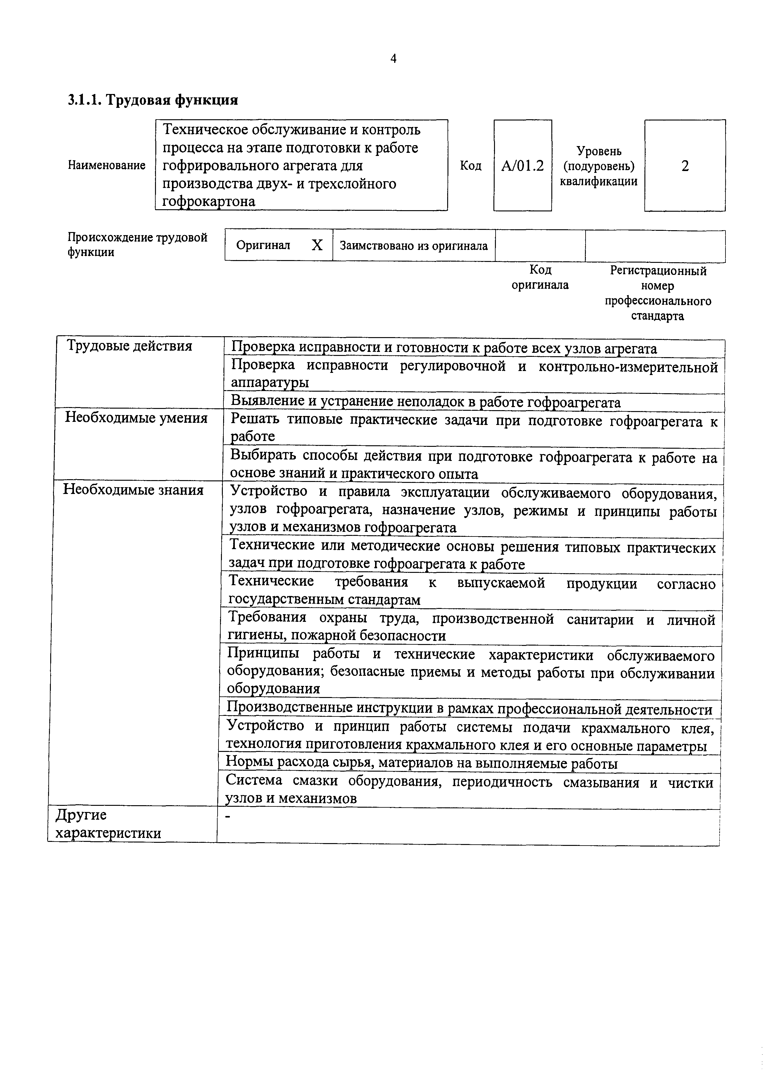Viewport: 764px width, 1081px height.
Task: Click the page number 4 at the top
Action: coord(394,59)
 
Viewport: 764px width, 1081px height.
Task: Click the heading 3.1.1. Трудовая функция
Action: coord(153,100)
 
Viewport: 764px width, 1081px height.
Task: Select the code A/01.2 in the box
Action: coord(522,166)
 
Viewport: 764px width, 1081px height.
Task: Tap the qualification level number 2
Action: coord(685,166)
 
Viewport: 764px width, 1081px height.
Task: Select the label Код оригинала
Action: coord(540,277)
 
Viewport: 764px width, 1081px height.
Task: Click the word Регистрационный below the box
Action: coord(658,271)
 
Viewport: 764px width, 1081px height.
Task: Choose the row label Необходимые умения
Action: coord(136,418)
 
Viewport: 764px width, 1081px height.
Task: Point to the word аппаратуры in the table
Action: coord(270,382)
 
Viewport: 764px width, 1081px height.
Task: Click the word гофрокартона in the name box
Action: coord(209,202)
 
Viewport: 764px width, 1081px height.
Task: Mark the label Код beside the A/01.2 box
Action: coord(470,166)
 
